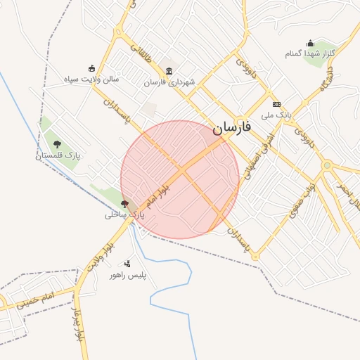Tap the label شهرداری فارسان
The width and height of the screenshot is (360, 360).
click(x=169, y=82)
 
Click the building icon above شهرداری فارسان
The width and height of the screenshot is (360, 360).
click(x=169, y=70)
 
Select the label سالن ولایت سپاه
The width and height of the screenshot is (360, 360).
click(x=92, y=79)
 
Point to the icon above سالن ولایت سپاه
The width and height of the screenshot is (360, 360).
click(x=91, y=68)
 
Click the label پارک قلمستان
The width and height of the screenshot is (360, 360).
click(x=59, y=155)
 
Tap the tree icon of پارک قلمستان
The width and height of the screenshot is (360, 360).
click(x=58, y=143)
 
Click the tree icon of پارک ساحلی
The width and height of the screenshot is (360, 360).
click(x=124, y=204)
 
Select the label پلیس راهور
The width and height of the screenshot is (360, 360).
click(x=127, y=276)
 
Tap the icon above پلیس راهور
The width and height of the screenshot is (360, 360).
click(x=127, y=264)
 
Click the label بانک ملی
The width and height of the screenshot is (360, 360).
click(x=276, y=115)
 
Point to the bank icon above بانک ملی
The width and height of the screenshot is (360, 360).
click(x=276, y=103)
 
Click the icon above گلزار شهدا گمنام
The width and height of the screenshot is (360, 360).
click(x=310, y=43)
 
